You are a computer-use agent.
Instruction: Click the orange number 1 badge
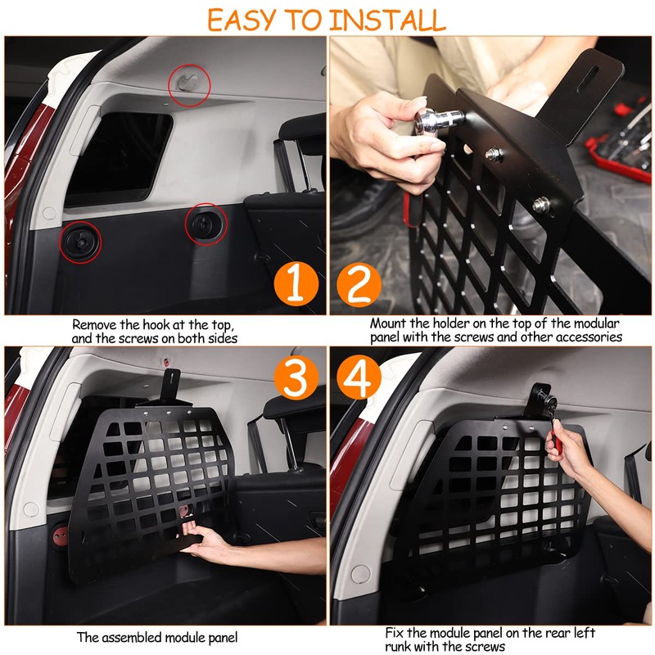(296, 284)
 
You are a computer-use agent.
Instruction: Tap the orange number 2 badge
(359, 285)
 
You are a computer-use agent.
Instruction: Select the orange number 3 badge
(296, 377)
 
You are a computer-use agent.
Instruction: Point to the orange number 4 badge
(359, 377)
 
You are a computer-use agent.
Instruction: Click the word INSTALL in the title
(386, 20)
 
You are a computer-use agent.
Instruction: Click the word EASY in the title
(242, 20)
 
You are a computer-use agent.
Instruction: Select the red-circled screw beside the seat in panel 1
(206, 224)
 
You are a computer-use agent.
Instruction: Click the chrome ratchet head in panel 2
(439, 119)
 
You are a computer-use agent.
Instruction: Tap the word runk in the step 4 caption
(399, 646)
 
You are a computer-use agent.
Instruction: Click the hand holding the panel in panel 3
(205, 543)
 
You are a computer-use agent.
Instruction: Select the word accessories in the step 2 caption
(589, 337)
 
